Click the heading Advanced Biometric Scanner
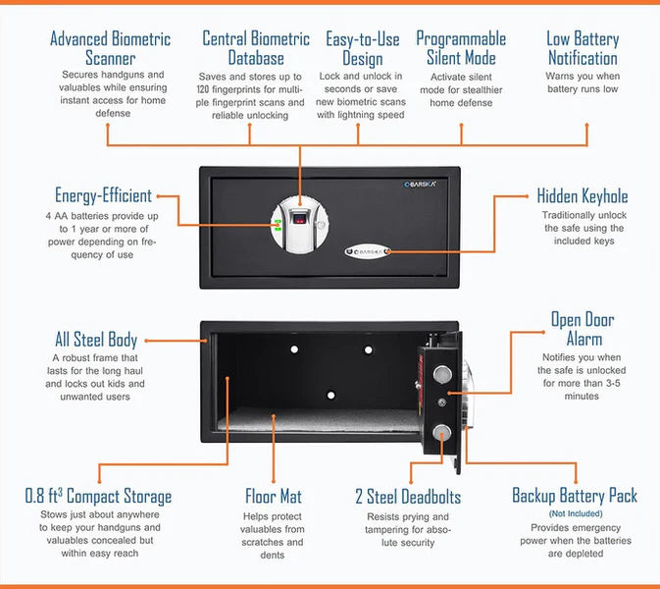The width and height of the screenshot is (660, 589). point(110,48)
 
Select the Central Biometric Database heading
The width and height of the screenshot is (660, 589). point(256,48)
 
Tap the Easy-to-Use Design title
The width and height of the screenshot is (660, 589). point(362,48)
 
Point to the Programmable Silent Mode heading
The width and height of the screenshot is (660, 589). point(461,48)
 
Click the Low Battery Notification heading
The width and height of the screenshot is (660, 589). point(583,48)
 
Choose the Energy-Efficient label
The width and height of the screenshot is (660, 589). point(103,196)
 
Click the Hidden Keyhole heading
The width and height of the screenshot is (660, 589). point(583,196)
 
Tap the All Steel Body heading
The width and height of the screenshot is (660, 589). point(96,340)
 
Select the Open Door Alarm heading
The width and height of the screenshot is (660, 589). point(584,329)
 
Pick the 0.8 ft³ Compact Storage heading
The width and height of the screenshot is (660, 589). point(98,496)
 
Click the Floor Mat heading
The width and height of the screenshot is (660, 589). point(274,496)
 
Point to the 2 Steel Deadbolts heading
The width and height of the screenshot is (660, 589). point(407,496)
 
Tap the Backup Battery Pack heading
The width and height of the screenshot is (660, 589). point(575,495)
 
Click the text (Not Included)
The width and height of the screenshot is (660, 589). point(575,514)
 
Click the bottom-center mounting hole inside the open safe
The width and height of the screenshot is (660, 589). point(330,395)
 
